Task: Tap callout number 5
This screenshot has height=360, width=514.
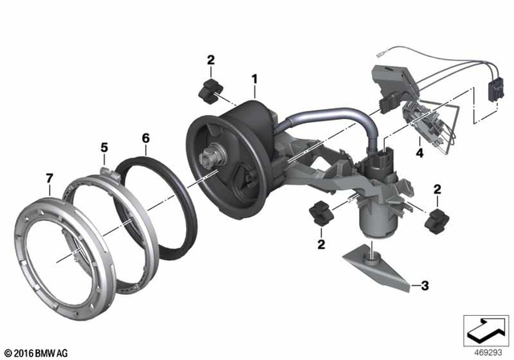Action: pyautogui.click(x=104, y=147)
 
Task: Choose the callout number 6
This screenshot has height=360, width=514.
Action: pyautogui.click(x=145, y=138)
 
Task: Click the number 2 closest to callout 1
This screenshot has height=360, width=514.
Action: pyautogui.click(x=210, y=59)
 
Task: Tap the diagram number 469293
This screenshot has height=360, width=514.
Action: pyautogui.click(x=481, y=351)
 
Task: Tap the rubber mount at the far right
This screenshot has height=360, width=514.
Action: pyautogui.click(x=438, y=218)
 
